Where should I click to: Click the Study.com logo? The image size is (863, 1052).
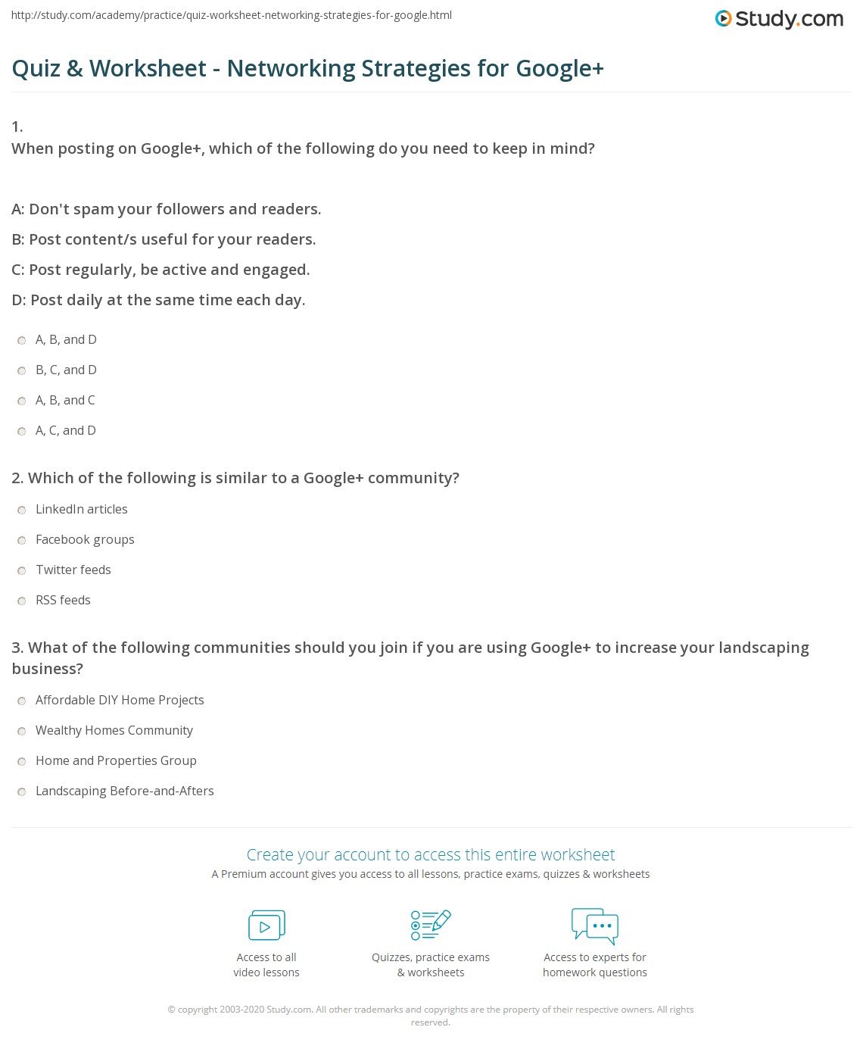779,19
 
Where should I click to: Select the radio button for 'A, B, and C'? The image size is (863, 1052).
22,401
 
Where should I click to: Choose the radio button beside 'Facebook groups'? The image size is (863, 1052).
22,540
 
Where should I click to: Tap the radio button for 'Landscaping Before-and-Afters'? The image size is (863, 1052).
22,791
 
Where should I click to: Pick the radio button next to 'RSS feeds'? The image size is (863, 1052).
22,601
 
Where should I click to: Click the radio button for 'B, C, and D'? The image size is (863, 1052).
22,370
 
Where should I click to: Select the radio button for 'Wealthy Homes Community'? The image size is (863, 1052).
22,731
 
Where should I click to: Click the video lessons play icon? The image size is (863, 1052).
266,926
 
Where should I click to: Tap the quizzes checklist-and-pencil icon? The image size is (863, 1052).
431,925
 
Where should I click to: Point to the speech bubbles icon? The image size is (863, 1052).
595,926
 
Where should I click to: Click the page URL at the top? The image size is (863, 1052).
231,15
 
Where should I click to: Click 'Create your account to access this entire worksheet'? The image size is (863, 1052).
431,854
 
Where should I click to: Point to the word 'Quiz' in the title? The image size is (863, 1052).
36,68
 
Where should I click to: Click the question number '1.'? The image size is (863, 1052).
17,126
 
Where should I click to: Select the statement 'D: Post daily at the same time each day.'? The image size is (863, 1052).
159,300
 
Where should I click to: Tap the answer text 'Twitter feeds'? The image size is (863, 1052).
73,570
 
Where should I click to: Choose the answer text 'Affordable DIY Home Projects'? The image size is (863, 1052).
120,700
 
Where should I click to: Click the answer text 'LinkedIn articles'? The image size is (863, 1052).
82,509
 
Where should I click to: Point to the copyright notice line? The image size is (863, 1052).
431,1010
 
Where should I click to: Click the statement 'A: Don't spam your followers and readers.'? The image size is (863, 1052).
167,209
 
